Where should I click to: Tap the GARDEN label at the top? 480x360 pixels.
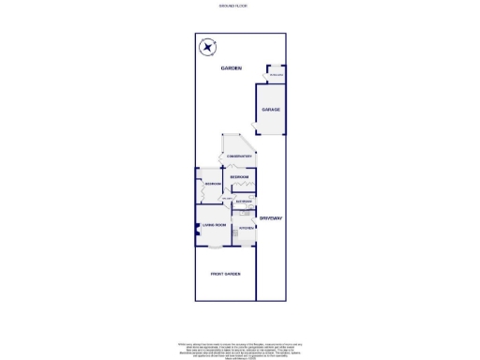tap(232, 68)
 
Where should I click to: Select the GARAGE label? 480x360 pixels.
tap(271, 110)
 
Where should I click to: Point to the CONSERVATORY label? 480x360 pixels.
tap(238, 157)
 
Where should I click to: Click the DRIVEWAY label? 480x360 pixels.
tap(271, 218)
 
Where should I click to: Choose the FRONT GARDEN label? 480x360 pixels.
tap(225, 274)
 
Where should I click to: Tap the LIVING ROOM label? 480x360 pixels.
tap(215, 225)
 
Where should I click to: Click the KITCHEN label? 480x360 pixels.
tap(246, 228)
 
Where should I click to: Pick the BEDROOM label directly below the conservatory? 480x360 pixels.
tap(239, 177)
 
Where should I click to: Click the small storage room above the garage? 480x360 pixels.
tap(276, 74)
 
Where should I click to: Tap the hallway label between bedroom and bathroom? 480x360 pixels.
tap(227, 200)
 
